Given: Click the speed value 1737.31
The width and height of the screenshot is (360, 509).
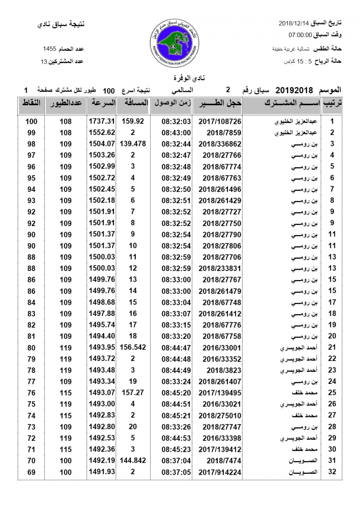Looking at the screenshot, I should [102, 121].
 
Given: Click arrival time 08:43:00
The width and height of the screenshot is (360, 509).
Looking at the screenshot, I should [176, 132].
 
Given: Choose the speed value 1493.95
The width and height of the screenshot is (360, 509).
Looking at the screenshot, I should [102, 347].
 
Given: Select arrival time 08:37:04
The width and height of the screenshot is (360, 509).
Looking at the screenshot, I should [176, 461].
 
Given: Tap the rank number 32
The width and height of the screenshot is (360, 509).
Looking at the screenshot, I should [332, 472].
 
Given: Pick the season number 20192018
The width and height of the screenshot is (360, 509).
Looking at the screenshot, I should [294, 90].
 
